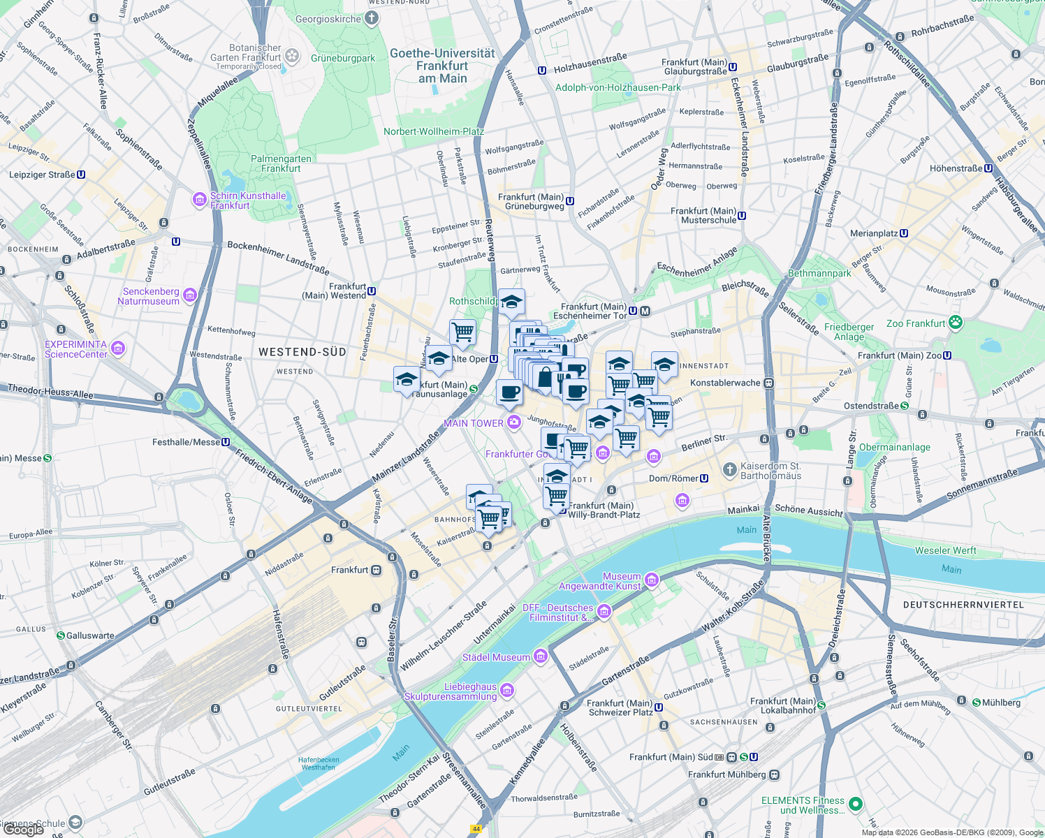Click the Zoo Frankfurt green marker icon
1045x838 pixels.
click(956, 323)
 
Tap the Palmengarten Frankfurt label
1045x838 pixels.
click(281, 163)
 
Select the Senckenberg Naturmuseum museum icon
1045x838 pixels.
click(189, 296)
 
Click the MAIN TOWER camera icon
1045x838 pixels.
click(514, 422)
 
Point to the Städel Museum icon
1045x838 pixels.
click(540, 656)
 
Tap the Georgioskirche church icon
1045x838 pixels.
click(372, 19)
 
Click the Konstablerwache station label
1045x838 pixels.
click(724, 383)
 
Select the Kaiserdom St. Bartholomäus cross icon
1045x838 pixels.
click(729, 469)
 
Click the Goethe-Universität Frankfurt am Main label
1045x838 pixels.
click(442, 66)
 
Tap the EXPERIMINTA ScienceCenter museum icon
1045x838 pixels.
click(117, 348)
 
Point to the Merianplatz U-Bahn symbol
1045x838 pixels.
click(904, 233)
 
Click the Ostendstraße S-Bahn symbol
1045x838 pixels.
click(905, 406)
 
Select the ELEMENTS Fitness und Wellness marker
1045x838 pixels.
click(856, 804)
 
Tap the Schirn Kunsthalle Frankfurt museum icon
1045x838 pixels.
click(200, 200)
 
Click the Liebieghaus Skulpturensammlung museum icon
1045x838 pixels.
click(507, 691)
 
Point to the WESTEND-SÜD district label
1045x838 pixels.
click(302, 352)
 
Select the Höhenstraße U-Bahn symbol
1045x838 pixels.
click(988, 168)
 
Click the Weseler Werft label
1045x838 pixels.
click(945, 550)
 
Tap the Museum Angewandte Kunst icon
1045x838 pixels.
click(651, 580)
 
